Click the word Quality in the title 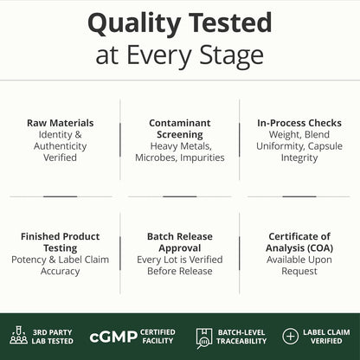[x=135, y=24]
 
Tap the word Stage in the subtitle [x=232, y=56]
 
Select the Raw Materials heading [x=61, y=123]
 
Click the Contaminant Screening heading [x=180, y=129]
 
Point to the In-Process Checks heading [x=299, y=123]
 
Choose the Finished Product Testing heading [x=61, y=242]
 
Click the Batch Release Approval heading [x=180, y=242]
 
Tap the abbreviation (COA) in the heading [x=320, y=248]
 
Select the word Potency [x=29, y=260]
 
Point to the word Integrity [x=299, y=158]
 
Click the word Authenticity [x=61, y=146]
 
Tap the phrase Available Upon [x=299, y=260]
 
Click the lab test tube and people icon [x=19, y=335]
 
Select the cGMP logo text [x=113, y=337]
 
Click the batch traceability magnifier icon [x=204, y=337]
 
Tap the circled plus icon [x=290, y=336]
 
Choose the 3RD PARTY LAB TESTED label [x=53, y=337]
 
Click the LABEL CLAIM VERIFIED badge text [x=326, y=337]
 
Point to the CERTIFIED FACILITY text [x=157, y=337]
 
